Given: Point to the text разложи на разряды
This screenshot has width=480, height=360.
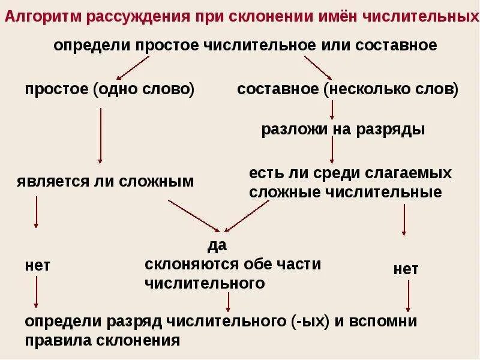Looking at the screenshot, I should (x=343, y=130).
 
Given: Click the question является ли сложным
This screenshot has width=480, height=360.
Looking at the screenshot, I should (x=105, y=181).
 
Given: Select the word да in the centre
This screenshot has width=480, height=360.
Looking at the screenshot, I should (x=217, y=245).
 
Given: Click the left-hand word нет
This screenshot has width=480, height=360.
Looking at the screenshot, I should (x=37, y=265).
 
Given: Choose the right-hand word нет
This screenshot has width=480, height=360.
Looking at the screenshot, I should (x=406, y=269).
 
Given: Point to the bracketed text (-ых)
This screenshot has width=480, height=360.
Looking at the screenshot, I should (x=307, y=321).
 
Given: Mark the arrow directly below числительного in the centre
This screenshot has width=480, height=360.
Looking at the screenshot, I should (x=228, y=301).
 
